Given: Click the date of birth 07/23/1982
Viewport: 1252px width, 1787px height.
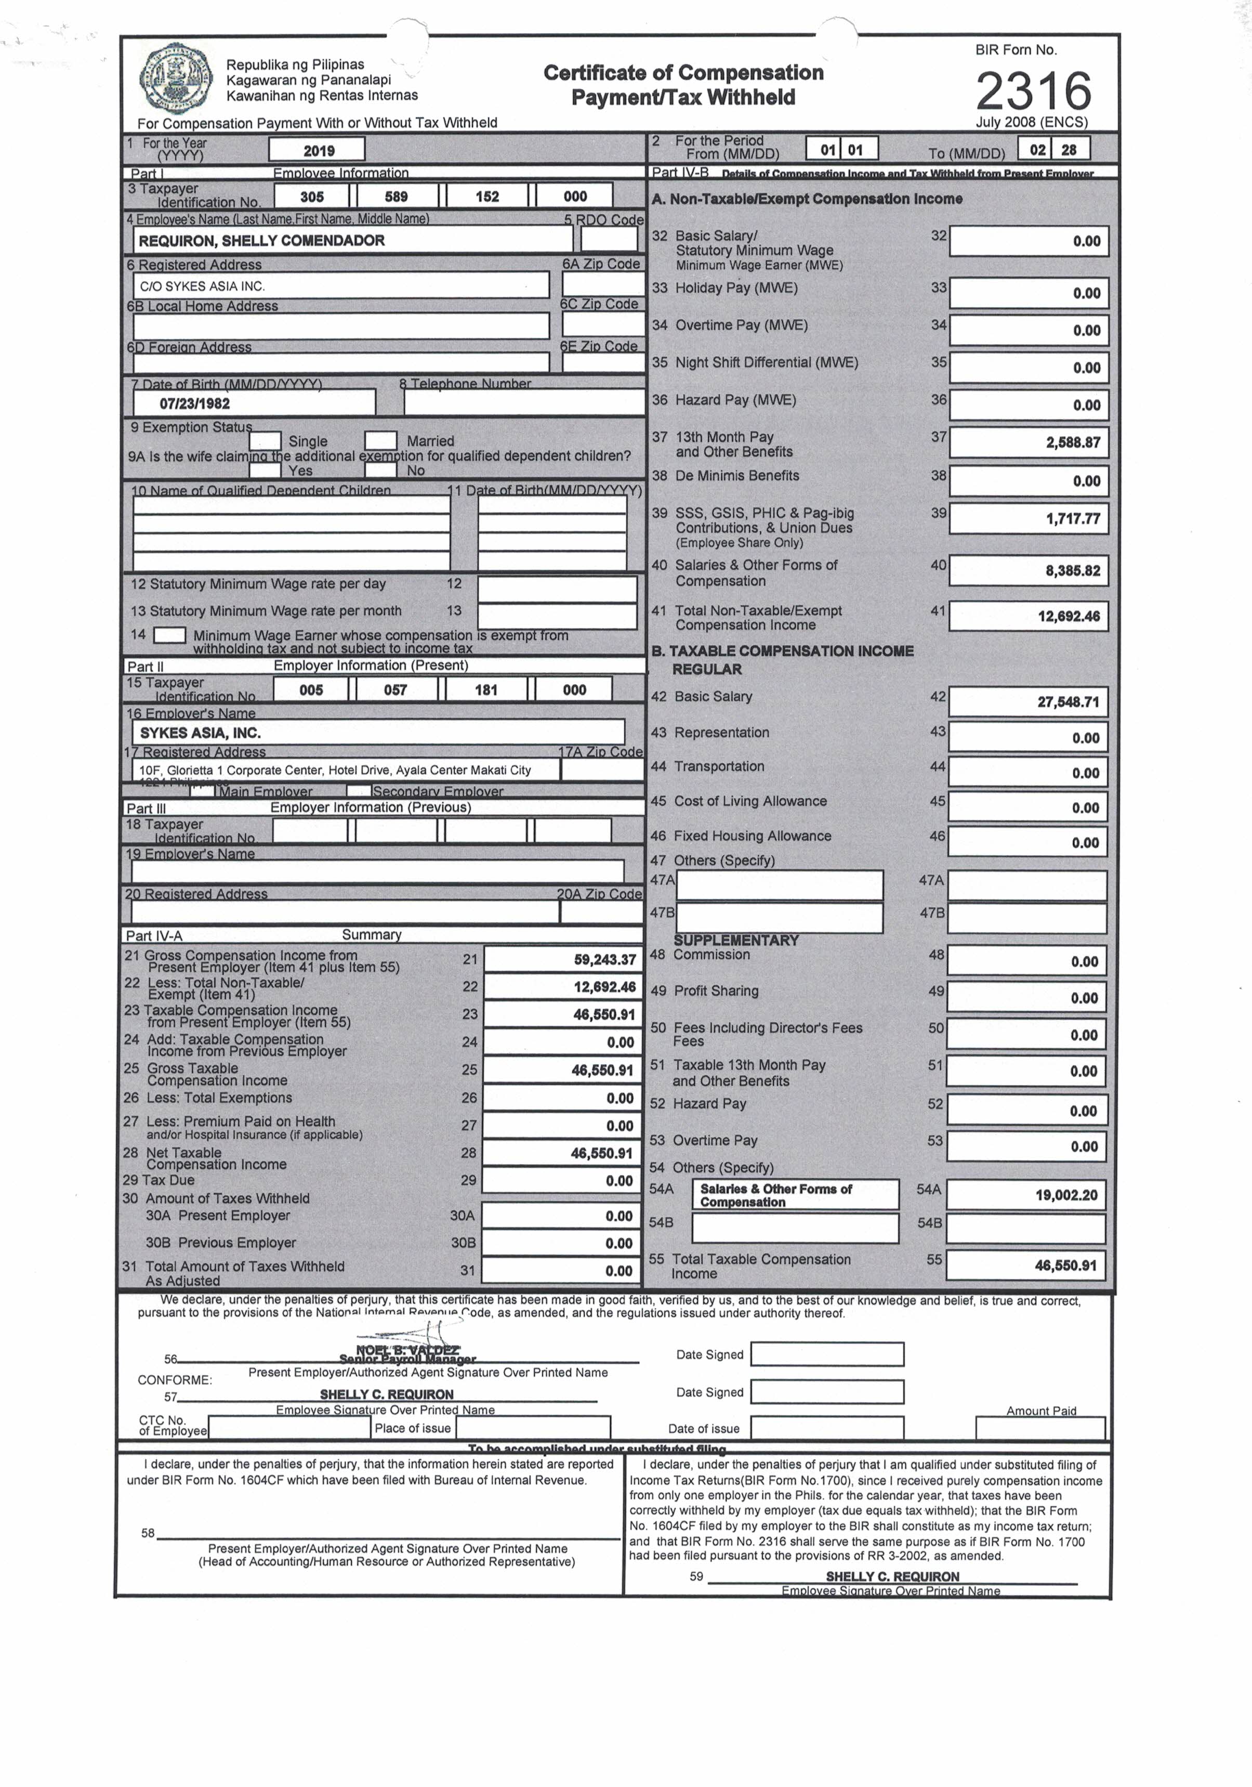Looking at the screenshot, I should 194,403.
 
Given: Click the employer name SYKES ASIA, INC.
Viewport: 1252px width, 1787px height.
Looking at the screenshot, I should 200,733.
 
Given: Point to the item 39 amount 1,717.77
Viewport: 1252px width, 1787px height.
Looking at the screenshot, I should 1072,519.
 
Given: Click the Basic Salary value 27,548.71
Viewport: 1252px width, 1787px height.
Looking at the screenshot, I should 1068,702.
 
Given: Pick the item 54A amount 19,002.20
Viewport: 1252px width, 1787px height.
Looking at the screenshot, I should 1065,1195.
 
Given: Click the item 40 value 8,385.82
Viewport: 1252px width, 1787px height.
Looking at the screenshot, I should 1072,570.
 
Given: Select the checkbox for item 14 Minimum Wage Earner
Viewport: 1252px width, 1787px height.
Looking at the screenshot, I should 169,635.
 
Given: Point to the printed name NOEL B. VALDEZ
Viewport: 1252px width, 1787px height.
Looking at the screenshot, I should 408,1350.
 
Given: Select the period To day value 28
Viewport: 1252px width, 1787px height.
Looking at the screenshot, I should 1069,149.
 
